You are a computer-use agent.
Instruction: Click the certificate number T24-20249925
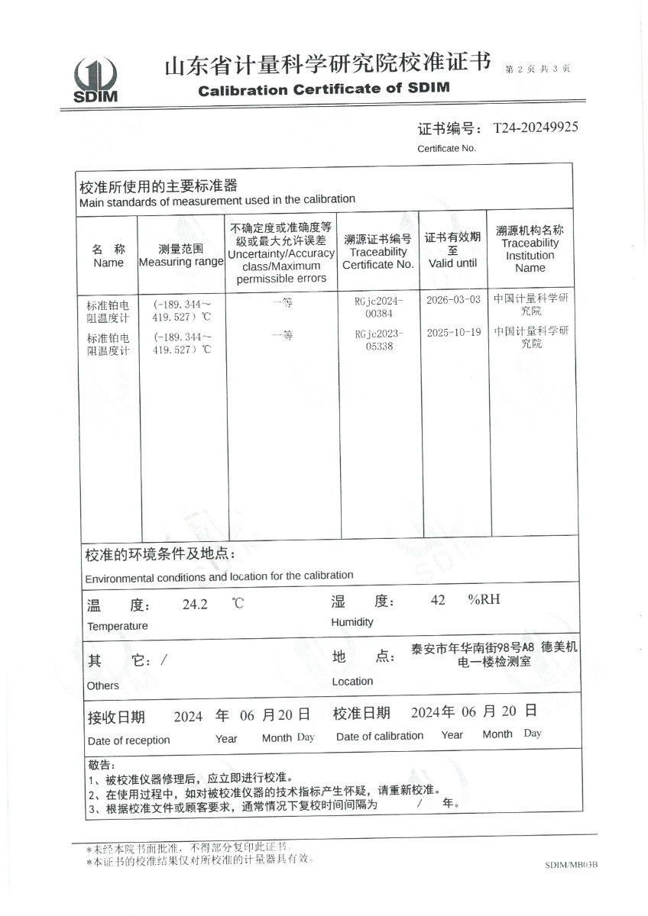tap(536, 127)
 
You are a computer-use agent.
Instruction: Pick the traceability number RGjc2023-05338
tap(378, 340)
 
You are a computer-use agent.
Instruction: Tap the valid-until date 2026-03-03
tap(453, 300)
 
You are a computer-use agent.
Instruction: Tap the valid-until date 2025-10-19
tap(453, 334)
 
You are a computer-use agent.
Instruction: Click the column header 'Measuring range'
tap(181, 262)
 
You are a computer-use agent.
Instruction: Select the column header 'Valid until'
tap(452, 263)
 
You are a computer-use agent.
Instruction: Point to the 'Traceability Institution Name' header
tap(530, 255)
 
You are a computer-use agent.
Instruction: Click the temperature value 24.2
tap(195, 604)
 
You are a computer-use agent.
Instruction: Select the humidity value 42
tap(438, 600)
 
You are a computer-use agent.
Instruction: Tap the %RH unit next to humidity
tap(484, 599)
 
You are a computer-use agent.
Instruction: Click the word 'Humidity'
tap(352, 622)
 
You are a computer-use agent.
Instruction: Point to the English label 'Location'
tap(352, 681)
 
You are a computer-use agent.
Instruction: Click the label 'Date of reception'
tap(128, 740)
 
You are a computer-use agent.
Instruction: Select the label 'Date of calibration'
tap(380, 736)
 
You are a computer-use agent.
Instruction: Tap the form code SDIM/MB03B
tap(571, 865)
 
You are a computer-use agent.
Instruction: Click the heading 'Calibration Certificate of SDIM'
tap(324, 89)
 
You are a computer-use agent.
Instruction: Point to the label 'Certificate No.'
tap(446, 148)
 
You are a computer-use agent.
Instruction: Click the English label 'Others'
tap(103, 685)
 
